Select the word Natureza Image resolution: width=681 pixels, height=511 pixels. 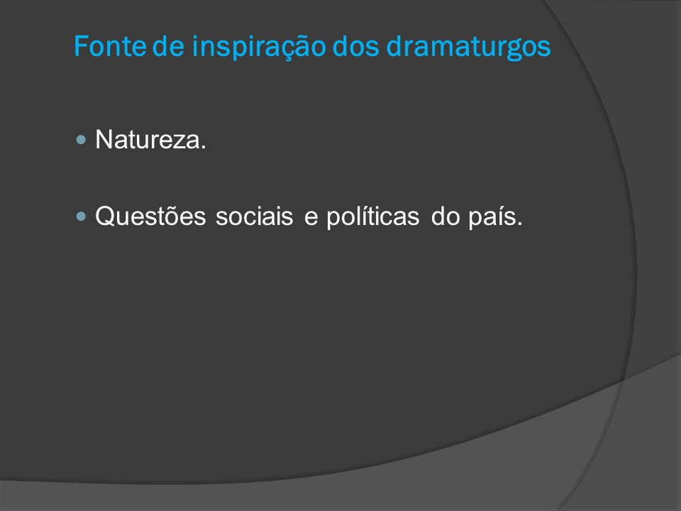[150, 140]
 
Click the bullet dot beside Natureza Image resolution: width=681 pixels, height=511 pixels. [81, 140]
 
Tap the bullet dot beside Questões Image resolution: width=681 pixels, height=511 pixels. [81, 216]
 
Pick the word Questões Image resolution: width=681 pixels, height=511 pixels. [150, 216]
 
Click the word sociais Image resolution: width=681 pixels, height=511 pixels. [255, 216]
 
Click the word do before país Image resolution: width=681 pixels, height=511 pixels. [445, 216]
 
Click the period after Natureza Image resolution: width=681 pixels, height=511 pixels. [204, 148]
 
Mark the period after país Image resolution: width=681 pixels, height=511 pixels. [520, 224]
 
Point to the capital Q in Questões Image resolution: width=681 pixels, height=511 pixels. [107, 216]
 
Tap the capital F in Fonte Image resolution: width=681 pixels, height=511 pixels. [81, 45]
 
